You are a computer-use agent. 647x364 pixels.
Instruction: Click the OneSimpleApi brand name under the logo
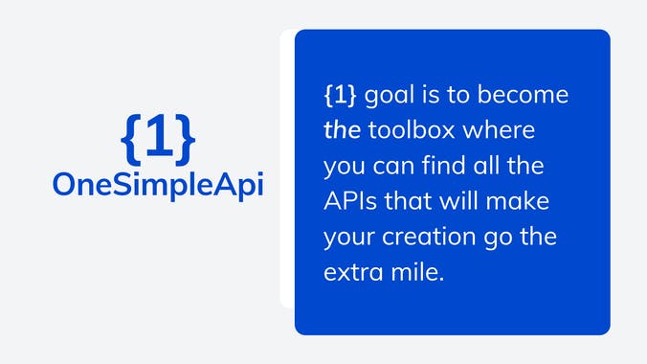(x=158, y=184)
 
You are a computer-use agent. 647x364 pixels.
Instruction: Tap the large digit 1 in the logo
(x=159, y=139)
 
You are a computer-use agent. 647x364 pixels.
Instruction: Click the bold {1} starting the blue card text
(x=342, y=97)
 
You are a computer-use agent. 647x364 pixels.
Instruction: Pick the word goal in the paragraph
(x=390, y=99)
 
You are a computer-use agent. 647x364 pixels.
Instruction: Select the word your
(x=347, y=238)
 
